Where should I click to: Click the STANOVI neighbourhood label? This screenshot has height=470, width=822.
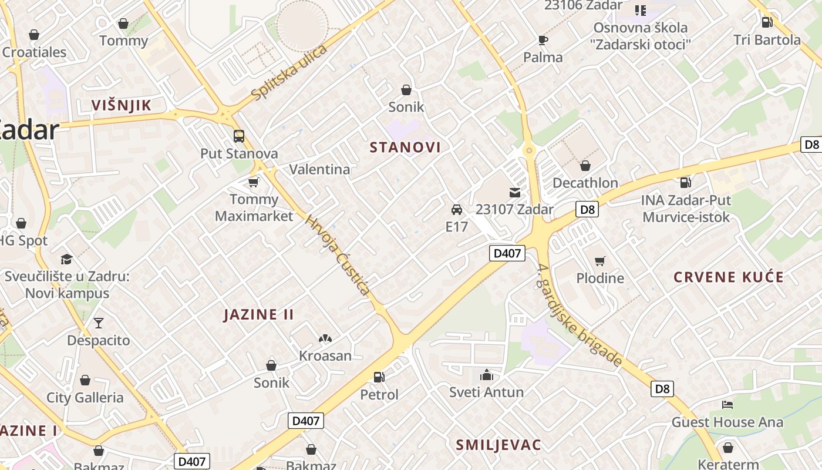(x=405, y=147)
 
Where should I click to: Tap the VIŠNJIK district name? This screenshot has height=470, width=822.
(x=122, y=105)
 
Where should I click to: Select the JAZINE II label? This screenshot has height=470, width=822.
(x=259, y=314)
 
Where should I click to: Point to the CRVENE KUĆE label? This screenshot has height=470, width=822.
(x=729, y=277)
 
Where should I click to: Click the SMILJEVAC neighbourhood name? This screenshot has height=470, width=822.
(x=498, y=445)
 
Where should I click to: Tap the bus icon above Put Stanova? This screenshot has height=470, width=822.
(x=239, y=136)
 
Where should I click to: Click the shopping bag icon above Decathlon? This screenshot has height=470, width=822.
(x=585, y=166)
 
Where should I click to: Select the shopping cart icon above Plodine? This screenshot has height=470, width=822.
(x=599, y=261)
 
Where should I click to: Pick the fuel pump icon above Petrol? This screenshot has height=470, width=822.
(x=379, y=377)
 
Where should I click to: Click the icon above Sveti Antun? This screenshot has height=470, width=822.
(x=486, y=375)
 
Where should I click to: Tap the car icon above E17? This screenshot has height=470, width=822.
(x=457, y=209)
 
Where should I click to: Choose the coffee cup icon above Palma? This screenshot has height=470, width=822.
(x=543, y=40)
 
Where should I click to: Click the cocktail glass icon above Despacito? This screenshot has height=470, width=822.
(x=98, y=323)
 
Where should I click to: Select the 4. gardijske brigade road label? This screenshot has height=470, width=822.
(x=579, y=315)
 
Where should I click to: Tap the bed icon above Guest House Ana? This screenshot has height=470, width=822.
(x=727, y=405)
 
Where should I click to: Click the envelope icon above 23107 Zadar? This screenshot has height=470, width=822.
(x=515, y=192)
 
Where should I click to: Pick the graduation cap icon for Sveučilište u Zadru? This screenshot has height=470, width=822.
(x=66, y=259)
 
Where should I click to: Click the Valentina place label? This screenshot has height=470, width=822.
(x=319, y=169)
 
